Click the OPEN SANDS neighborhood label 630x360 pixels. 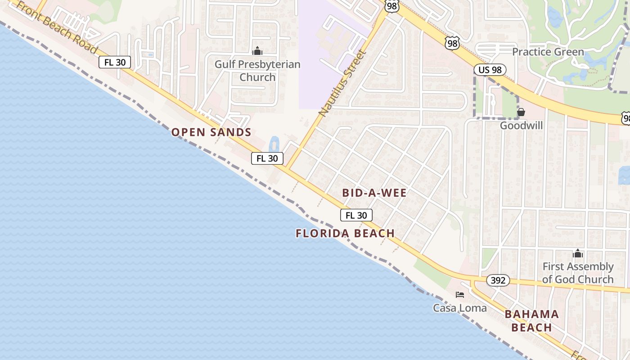211,132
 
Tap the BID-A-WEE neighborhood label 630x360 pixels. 374,193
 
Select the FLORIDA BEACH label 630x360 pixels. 345,233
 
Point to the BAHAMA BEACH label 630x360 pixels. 531,321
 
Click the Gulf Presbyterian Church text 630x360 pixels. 257,71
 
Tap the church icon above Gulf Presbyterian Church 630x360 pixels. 257,51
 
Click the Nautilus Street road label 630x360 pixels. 342,84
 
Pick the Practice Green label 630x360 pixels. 548,52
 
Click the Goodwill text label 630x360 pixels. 521,126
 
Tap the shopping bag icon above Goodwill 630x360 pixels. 521,112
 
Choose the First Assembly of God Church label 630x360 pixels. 578,273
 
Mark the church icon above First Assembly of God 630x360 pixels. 578,254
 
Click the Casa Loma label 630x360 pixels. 459,308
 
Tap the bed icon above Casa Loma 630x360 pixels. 459,295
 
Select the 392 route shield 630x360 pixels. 498,280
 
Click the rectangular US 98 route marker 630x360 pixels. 490,70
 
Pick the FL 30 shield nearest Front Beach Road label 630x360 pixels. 115,62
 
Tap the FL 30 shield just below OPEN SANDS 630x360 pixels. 267,158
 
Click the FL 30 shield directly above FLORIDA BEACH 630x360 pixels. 356,215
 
